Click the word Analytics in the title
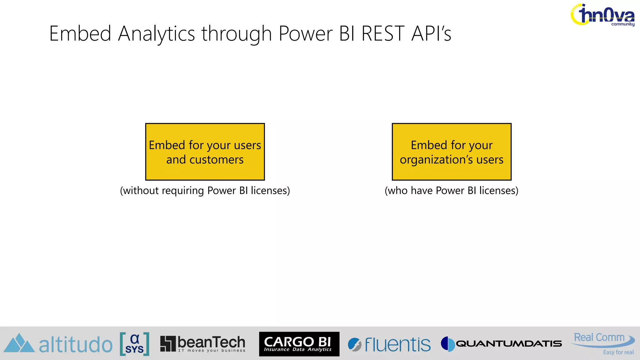click(x=156, y=34)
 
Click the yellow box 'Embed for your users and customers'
click(x=205, y=152)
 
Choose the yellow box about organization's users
click(x=452, y=152)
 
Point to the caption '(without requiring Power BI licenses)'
click(x=205, y=191)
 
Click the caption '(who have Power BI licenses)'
click(x=451, y=191)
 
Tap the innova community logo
click(x=602, y=15)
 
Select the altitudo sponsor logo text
click(x=76, y=345)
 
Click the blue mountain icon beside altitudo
click(x=19, y=343)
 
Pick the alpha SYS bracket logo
click(x=134, y=344)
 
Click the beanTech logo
click(x=203, y=344)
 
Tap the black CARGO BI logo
click(x=299, y=344)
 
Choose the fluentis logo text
click(x=397, y=345)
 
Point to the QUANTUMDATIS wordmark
click(x=509, y=344)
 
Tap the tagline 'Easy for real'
click(x=618, y=352)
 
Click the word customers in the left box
click(x=216, y=160)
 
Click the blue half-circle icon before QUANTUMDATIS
click(x=448, y=344)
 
